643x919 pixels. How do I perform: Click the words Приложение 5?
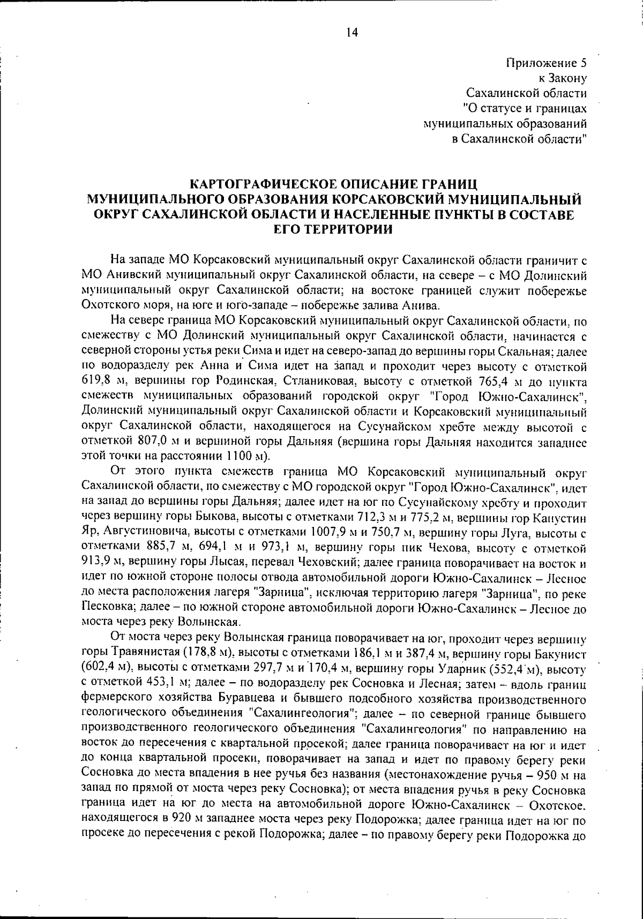546,63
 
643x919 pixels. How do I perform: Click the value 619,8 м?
104,382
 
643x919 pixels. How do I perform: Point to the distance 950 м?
554,775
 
